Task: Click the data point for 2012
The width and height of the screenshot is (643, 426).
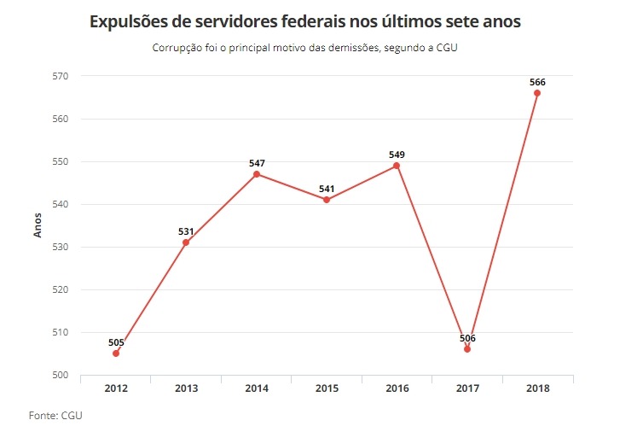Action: coord(116,353)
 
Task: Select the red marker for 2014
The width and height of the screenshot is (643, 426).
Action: coord(257,174)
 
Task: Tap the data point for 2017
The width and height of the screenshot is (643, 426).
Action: coord(467,349)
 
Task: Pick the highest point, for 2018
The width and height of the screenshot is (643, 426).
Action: coord(537,93)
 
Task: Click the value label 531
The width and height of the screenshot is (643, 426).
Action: coord(187,231)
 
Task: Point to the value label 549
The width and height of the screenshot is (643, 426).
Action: coord(397,155)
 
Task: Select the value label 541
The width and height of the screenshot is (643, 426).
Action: coord(327,189)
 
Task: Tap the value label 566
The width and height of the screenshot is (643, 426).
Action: coord(537,82)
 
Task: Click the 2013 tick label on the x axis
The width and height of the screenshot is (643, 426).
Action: coord(187,388)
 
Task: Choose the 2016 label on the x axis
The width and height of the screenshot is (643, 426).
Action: coord(397,388)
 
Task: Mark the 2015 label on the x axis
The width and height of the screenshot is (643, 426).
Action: coord(327,388)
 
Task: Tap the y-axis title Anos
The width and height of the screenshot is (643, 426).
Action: coord(38,224)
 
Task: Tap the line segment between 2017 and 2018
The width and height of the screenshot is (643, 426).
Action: coord(502,221)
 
